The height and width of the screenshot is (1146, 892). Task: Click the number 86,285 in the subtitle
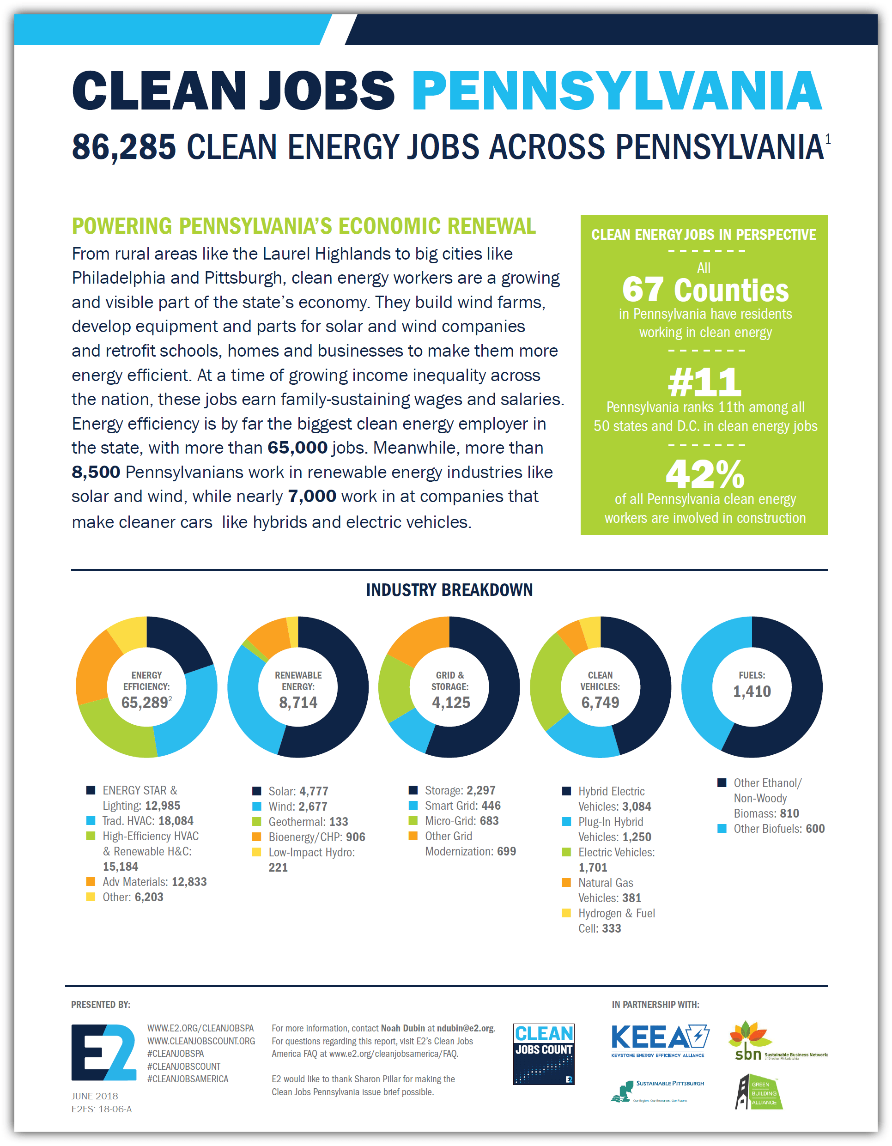pos(124,147)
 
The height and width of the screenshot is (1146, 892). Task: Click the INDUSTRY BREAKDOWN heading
pos(449,590)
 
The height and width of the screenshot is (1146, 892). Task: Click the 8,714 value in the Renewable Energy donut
pos(298,703)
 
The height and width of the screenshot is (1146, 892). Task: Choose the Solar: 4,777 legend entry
pos(298,791)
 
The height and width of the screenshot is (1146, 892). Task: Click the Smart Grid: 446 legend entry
pos(462,806)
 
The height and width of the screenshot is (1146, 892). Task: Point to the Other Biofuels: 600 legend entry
pos(779,829)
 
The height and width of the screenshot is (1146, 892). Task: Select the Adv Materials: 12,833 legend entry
pos(154,881)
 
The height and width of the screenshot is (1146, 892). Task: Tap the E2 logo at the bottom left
pos(104,1052)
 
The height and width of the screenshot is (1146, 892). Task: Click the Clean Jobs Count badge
pos(544,1054)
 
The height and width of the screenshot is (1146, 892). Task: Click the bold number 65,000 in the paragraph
pos(297,448)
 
